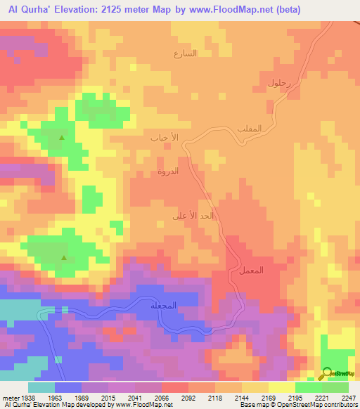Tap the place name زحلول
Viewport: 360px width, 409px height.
pyautogui.click(x=280, y=83)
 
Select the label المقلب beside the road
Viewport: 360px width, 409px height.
pyautogui.click(x=250, y=127)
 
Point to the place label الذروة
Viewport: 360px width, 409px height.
pyautogui.click(x=172, y=171)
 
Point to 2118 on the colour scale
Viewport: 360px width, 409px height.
pyautogui.click(x=216, y=398)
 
